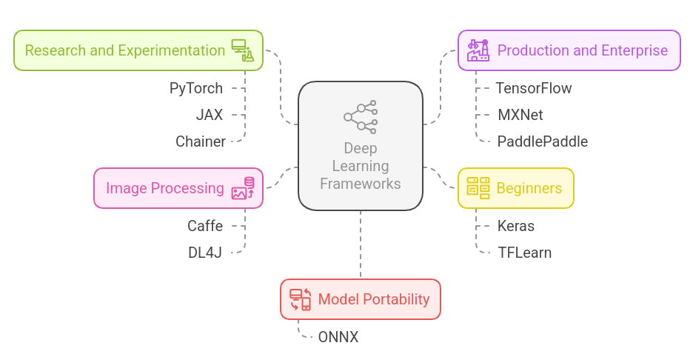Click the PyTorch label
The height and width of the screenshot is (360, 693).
195,88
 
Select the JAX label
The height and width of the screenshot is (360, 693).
209,115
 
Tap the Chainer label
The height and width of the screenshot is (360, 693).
200,141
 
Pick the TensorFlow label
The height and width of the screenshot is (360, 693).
533,88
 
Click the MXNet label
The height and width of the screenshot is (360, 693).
520,115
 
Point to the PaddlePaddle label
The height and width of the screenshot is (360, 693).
542,141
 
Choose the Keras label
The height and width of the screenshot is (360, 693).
515,226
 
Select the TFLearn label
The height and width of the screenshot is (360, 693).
524,253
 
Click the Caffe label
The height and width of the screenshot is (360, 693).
204,226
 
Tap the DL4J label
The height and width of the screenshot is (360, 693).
204,253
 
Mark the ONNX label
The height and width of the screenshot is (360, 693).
338,337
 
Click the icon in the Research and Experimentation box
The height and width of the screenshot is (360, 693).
242,50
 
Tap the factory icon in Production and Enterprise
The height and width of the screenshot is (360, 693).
478,50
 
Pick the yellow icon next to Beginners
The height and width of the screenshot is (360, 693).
478,188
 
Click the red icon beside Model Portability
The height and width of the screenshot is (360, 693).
300,299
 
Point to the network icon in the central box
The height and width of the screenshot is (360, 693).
361,116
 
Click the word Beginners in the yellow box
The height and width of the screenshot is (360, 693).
529,188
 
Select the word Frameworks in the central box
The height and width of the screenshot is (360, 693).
361,184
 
